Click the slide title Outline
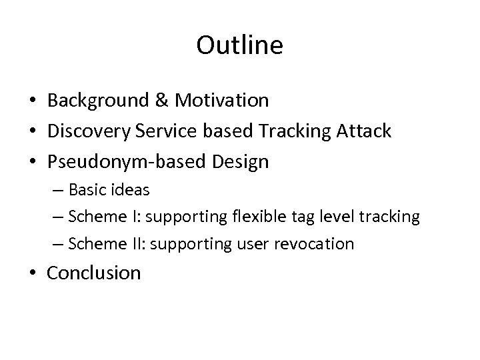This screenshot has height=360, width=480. [240, 45]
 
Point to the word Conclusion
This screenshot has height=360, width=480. [94, 273]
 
